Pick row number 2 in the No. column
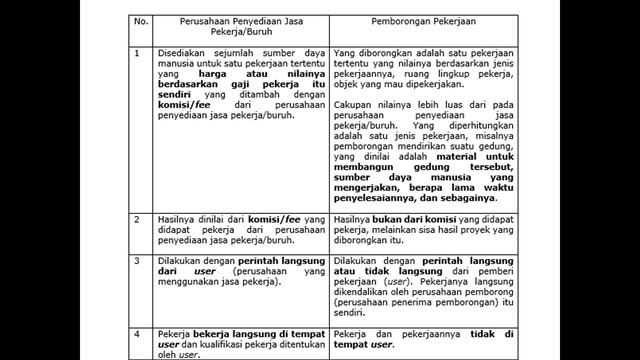137,217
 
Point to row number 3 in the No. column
137,258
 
